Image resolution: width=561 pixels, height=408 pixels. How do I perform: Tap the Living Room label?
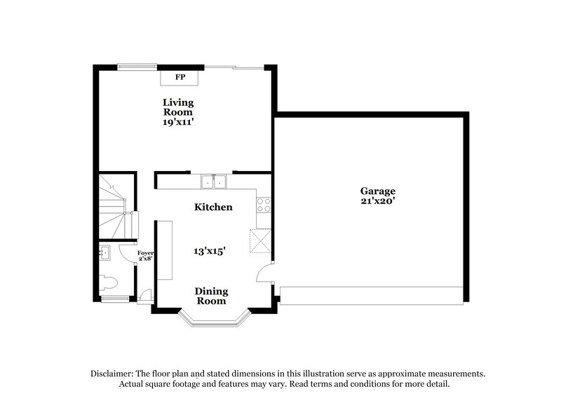click(178, 107)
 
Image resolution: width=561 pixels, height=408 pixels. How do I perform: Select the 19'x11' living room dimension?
click(178, 121)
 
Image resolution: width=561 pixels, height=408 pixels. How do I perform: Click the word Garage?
click(378, 191)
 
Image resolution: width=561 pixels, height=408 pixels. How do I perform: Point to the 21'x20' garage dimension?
click(378, 201)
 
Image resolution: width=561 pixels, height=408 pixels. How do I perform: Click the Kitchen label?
click(213, 208)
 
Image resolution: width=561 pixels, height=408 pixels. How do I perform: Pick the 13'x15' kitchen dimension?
click(210, 250)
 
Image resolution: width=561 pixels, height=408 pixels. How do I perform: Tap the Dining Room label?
click(210, 296)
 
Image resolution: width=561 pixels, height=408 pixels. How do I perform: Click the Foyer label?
click(146, 253)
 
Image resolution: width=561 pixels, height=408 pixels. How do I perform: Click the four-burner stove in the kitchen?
click(264, 204)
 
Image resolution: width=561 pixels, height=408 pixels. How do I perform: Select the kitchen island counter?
click(165, 250)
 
